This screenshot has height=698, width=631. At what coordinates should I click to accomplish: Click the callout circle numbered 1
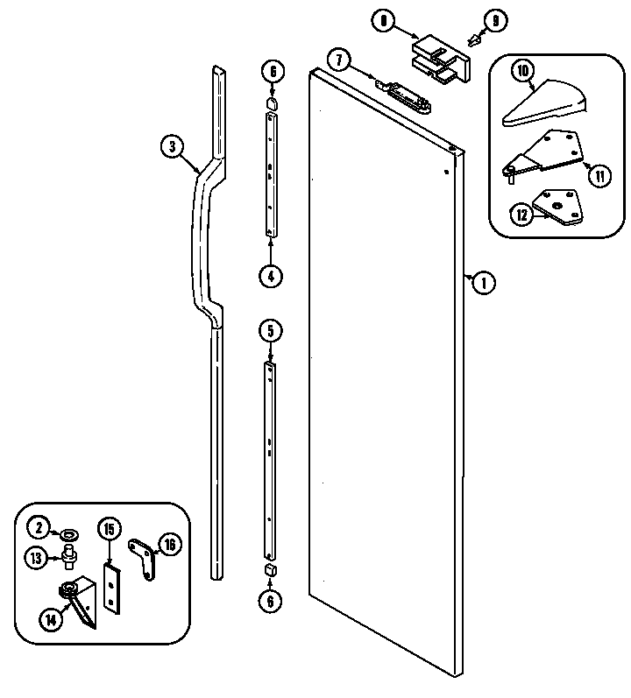tap(481, 282)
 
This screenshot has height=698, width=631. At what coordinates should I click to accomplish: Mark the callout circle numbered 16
tap(169, 545)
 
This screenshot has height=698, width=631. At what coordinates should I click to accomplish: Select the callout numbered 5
tap(271, 330)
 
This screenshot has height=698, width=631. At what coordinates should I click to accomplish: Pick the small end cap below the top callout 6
tap(272, 104)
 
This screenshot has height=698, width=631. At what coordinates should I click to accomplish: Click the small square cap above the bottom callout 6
tap(271, 569)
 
